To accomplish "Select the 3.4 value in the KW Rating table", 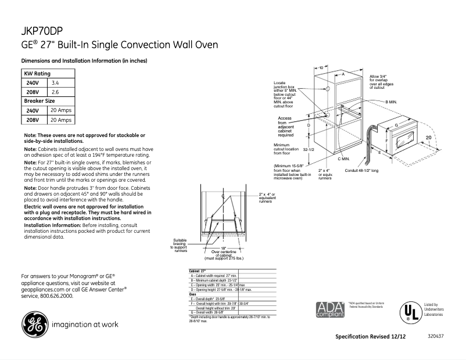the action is [56, 83].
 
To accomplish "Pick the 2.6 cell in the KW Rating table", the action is [56, 92].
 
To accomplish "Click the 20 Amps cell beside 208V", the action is [62, 120].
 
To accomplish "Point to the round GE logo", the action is [34, 325].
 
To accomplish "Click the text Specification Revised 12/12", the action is [371, 337].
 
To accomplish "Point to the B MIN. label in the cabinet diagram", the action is [390, 101].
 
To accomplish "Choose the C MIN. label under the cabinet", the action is [343, 159].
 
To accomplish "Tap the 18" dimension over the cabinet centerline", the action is [223, 248].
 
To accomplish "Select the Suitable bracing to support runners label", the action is [180, 245].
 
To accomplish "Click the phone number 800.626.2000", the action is [56, 296].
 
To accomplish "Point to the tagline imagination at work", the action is [87, 325].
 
